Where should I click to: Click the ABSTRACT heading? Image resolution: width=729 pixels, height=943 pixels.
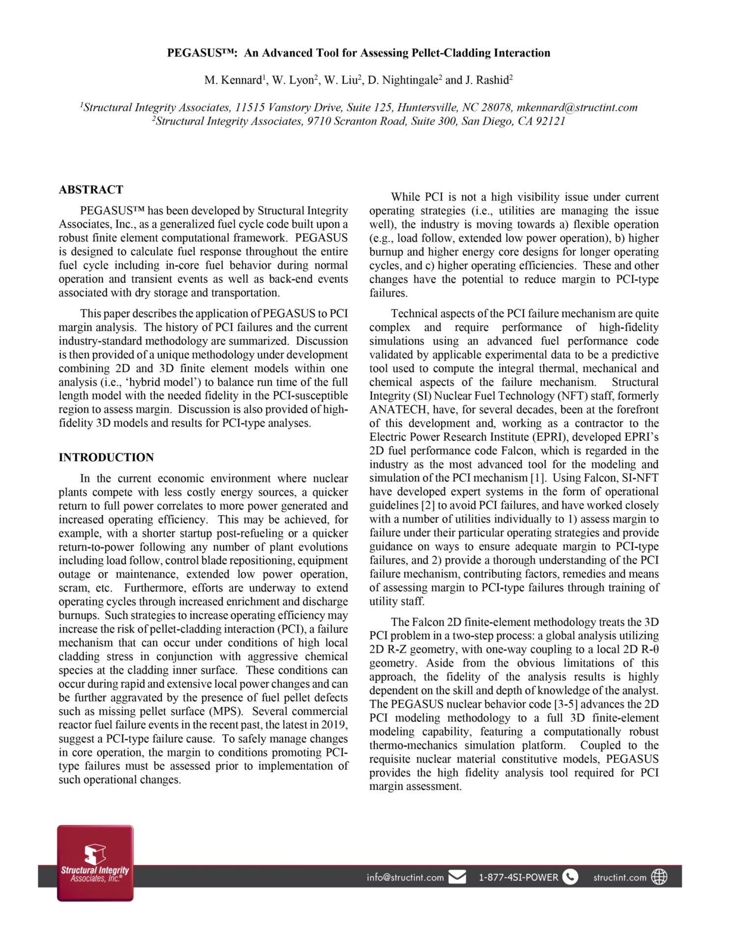pyautogui.click(x=91, y=190)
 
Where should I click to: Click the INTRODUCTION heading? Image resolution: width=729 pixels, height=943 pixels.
pyautogui.click(x=106, y=457)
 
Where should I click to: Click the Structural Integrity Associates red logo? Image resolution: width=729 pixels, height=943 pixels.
pyautogui.click(x=95, y=863)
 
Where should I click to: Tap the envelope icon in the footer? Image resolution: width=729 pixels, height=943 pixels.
pyautogui.click(x=457, y=877)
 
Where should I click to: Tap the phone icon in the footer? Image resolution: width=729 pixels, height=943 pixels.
pyautogui.click(x=570, y=877)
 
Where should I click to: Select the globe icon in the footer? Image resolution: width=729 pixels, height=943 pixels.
pyautogui.click(x=659, y=877)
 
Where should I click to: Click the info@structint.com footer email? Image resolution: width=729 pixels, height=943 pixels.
pyautogui.click(x=405, y=877)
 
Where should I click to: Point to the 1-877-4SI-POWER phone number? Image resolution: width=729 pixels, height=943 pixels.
pyautogui.click(x=518, y=877)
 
